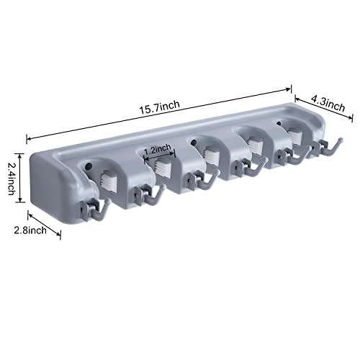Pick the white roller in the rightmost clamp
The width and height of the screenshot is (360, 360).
[x=293, y=133]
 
